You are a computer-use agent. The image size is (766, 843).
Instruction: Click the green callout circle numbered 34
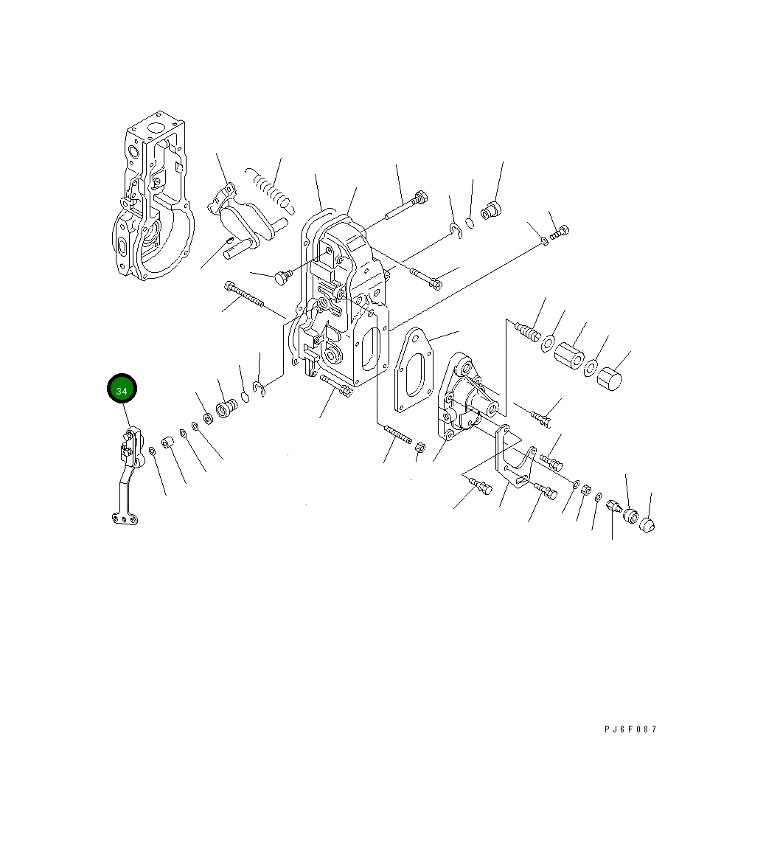pyautogui.click(x=122, y=390)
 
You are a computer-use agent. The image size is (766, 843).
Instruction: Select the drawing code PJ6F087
pyautogui.click(x=630, y=729)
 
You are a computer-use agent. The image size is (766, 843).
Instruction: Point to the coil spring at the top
pyautogui.click(x=271, y=187)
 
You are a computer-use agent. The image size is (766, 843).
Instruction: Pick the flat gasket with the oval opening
pyautogui.click(x=416, y=371)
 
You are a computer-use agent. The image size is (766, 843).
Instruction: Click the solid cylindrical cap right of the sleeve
pyautogui.click(x=609, y=379)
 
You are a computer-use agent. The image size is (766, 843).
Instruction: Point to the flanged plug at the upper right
pyautogui.click(x=490, y=210)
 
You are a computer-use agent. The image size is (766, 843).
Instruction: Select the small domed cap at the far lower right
pyautogui.click(x=647, y=524)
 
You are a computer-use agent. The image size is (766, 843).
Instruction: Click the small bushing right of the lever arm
pyautogui.click(x=168, y=444)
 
